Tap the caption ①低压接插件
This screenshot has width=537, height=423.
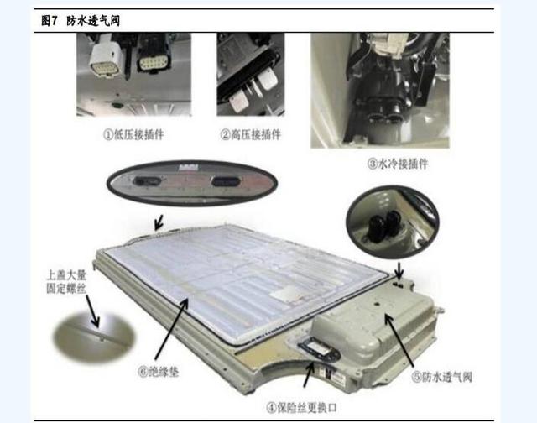click(134, 134)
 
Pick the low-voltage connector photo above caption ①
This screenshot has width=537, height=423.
click(134, 74)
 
